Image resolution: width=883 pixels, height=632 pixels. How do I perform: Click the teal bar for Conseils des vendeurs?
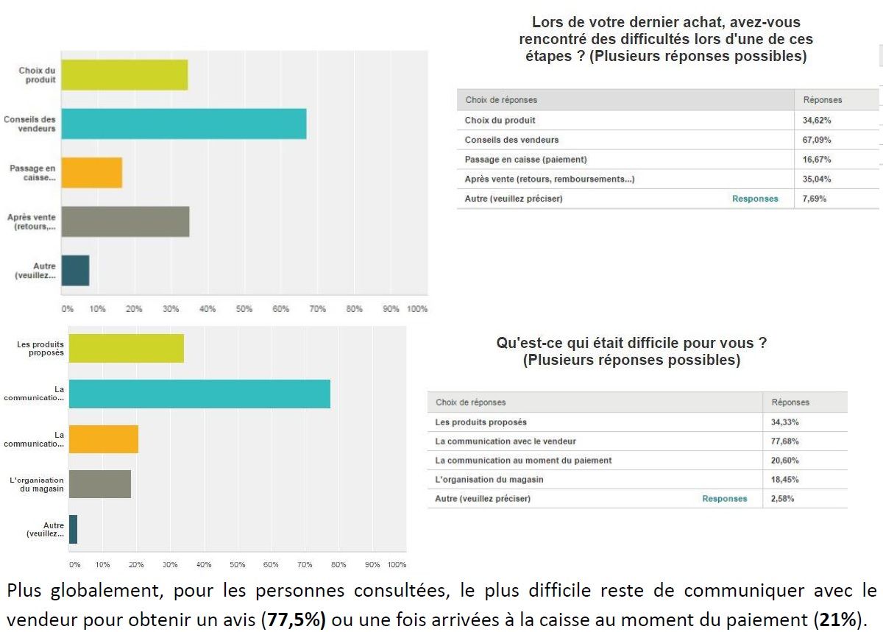(x=183, y=124)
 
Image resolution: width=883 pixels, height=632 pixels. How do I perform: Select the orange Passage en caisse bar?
(x=92, y=172)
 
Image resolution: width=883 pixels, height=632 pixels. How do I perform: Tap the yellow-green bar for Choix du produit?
(x=124, y=74)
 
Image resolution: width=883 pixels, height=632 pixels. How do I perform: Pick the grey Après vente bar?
(x=125, y=221)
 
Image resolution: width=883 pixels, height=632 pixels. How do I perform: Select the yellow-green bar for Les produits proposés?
(x=126, y=347)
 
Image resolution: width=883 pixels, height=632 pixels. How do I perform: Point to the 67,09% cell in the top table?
(x=818, y=140)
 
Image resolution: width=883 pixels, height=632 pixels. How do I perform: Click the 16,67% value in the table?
(x=818, y=159)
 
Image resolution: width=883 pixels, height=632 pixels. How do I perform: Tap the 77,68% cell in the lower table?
(x=785, y=441)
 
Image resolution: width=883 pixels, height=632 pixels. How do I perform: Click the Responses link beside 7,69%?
(x=754, y=199)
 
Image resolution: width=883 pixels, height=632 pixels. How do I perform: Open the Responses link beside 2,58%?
(x=724, y=499)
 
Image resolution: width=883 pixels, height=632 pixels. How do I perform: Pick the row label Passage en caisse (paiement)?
(x=525, y=159)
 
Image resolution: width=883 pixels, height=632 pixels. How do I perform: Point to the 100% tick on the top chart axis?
(x=416, y=309)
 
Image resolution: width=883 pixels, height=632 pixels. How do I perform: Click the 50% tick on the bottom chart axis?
(x=237, y=564)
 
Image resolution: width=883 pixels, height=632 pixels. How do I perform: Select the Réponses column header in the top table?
(x=822, y=100)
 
